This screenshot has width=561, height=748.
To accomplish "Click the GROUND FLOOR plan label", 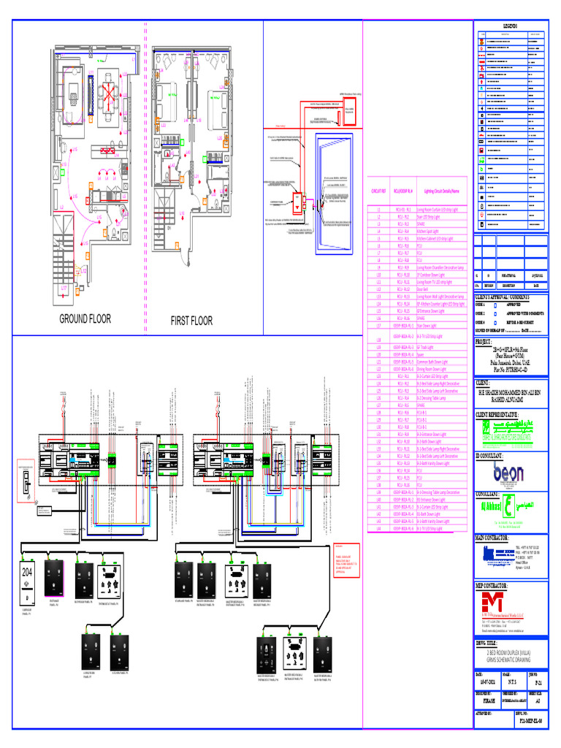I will [85, 319].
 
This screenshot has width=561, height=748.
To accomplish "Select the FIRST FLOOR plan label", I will [191, 321].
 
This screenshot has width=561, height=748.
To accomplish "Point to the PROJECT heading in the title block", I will [485, 341].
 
